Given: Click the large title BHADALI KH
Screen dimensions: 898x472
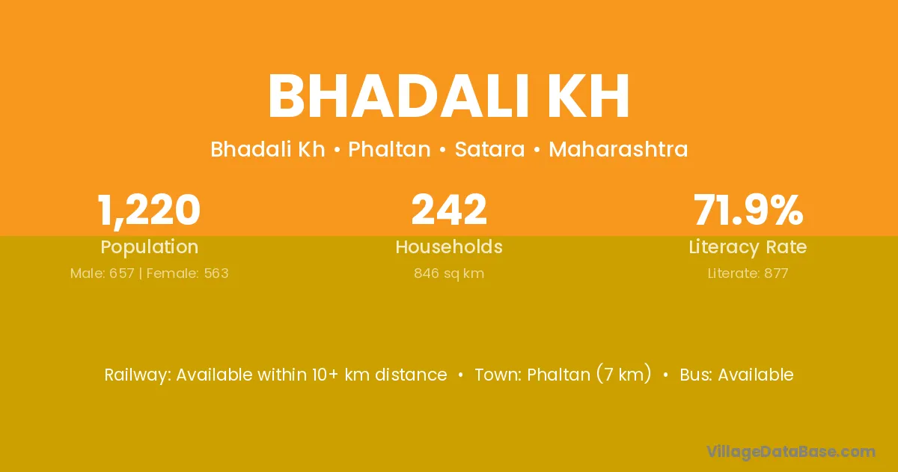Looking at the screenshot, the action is [x=448, y=96].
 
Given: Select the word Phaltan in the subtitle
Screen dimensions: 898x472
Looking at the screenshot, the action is [x=389, y=149].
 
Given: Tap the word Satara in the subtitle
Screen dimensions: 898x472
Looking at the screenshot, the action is [x=489, y=149].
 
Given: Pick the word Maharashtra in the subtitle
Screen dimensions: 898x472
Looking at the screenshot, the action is [x=618, y=149].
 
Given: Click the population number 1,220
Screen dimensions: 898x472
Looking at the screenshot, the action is [x=149, y=211].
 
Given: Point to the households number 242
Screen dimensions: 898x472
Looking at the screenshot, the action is [x=449, y=209].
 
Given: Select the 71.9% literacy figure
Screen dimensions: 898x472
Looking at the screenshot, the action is [x=748, y=209].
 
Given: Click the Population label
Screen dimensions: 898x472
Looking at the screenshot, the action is [x=149, y=247].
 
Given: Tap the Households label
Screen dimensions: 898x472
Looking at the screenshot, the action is [x=449, y=246].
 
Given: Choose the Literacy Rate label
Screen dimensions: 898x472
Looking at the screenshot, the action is [x=748, y=247].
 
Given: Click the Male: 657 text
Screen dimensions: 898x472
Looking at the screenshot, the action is [x=102, y=273].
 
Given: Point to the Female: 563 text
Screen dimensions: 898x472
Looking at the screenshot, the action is [x=188, y=273].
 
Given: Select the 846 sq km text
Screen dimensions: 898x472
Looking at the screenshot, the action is [x=449, y=273].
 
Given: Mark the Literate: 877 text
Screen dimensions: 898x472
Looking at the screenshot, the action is [x=748, y=273].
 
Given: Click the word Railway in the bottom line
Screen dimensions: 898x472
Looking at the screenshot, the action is [x=138, y=375].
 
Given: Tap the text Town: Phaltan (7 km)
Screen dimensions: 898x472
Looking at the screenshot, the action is [x=563, y=375].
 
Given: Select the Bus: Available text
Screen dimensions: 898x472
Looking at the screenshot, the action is [x=736, y=375].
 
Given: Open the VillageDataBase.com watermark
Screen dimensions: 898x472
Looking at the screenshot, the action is [x=790, y=452].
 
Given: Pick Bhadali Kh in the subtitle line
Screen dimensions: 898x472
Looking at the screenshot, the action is [x=268, y=149].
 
